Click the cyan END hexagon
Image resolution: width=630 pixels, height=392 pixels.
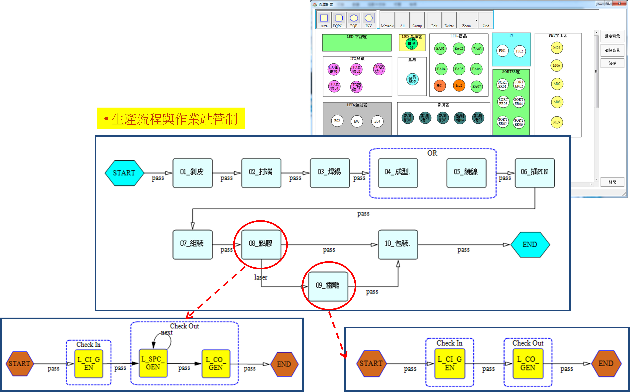coord(530,244)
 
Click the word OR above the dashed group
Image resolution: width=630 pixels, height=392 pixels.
coord(432,153)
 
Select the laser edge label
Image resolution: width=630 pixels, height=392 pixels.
coord(260,277)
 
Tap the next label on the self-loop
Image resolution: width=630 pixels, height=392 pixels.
coord(167,333)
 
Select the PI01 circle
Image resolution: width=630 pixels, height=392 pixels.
coord(502,51)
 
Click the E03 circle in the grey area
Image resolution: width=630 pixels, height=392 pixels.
coord(357,121)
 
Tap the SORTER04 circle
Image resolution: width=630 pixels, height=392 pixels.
coord(519,102)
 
